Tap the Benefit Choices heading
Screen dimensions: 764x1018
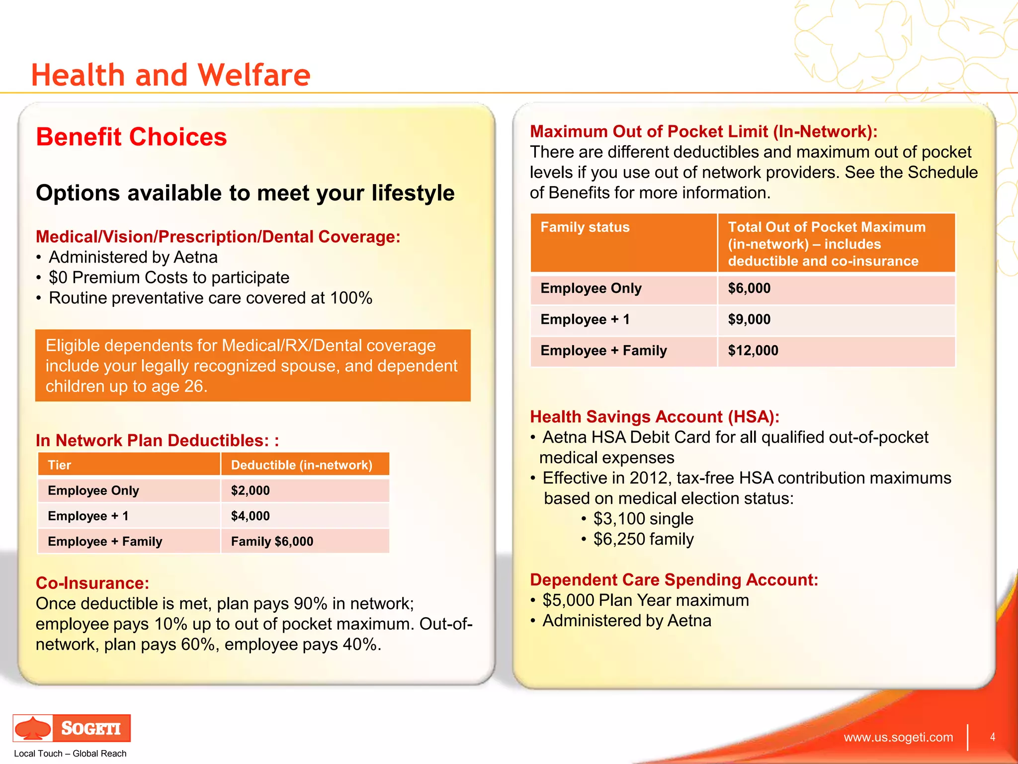[x=131, y=137]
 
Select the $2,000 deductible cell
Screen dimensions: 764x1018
[x=251, y=490]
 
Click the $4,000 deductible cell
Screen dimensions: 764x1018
[x=251, y=516]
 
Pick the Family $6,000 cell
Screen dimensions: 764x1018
[x=272, y=541]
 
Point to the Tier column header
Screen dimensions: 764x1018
[x=60, y=465]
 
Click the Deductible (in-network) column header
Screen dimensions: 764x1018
[x=301, y=465]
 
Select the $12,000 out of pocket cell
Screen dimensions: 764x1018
[x=753, y=350]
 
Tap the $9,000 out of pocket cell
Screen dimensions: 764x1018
[x=749, y=319]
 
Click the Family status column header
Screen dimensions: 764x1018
[x=585, y=227]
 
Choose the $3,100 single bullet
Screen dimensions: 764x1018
[x=643, y=518]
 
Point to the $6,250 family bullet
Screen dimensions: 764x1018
[x=643, y=539]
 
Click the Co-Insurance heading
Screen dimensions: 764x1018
[x=92, y=583]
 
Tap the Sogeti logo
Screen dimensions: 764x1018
[x=72, y=728]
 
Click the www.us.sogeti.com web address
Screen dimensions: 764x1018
[x=898, y=737]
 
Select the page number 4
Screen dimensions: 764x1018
[x=992, y=737]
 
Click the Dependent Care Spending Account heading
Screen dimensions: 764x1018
[x=674, y=579]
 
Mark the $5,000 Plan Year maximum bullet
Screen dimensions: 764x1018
[x=645, y=600]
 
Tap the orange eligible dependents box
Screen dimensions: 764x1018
[x=253, y=366]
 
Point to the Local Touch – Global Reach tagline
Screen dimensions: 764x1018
[x=70, y=753]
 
